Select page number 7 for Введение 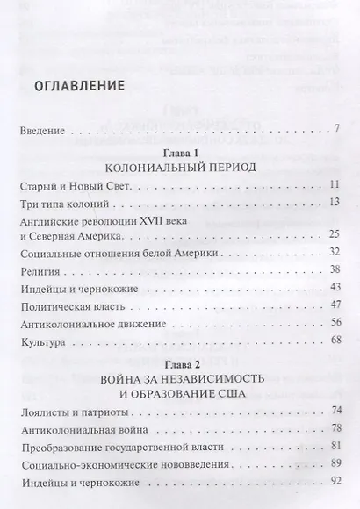[336, 131]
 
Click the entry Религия [40, 274]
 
